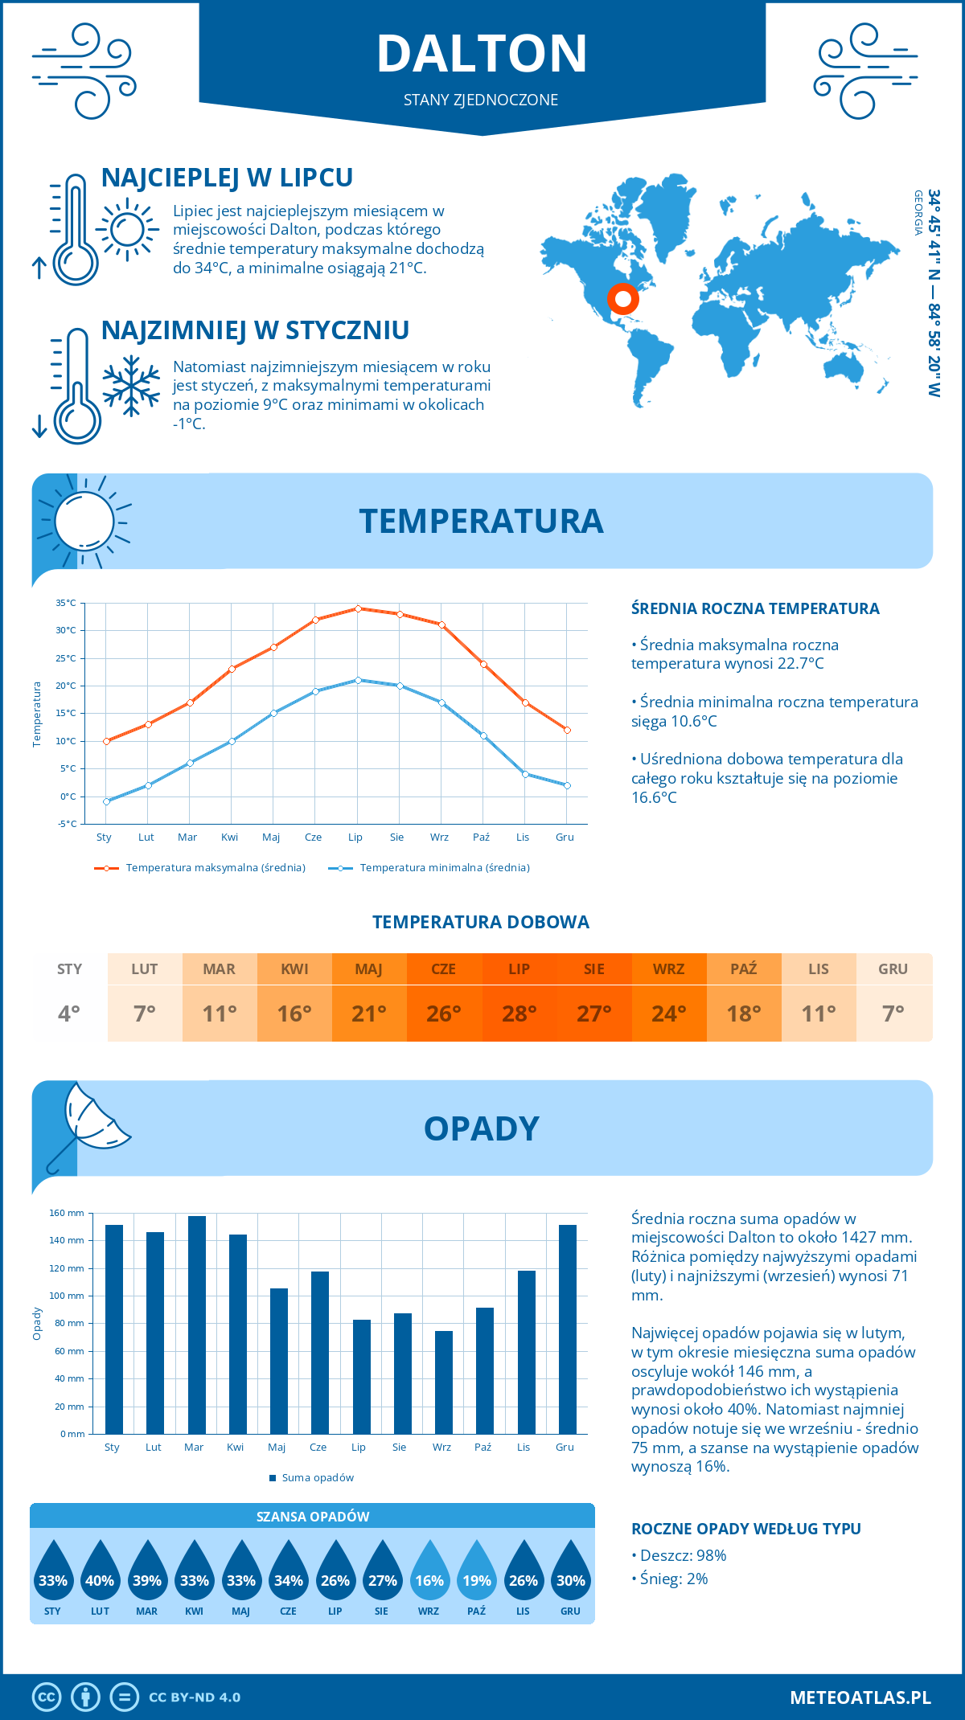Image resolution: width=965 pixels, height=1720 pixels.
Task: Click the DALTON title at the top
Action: (482, 54)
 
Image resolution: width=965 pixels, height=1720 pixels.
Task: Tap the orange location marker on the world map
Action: (622, 299)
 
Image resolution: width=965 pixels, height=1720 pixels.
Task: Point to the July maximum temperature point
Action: (358, 608)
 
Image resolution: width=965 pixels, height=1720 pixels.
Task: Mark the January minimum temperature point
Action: (106, 801)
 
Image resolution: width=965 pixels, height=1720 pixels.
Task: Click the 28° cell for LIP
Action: (519, 1013)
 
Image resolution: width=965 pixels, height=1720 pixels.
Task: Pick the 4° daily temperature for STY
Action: (69, 1013)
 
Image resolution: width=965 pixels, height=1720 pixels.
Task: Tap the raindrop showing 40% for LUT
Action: (100, 1572)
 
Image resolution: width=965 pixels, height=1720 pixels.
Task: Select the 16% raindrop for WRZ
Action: (429, 1572)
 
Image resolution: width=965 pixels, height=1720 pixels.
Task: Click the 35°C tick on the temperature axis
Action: (66, 603)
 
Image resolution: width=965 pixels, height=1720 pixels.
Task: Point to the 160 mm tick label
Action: (68, 1213)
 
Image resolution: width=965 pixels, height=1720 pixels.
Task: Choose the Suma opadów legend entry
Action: (317, 1478)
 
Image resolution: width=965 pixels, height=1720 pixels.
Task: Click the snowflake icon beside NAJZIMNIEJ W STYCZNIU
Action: (131, 386)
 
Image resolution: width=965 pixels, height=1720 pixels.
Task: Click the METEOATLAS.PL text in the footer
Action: (860, 1697)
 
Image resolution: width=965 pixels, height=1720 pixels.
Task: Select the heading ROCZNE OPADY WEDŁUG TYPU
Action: (745, 1529)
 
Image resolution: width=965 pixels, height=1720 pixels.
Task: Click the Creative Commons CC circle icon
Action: (47, 1697)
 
